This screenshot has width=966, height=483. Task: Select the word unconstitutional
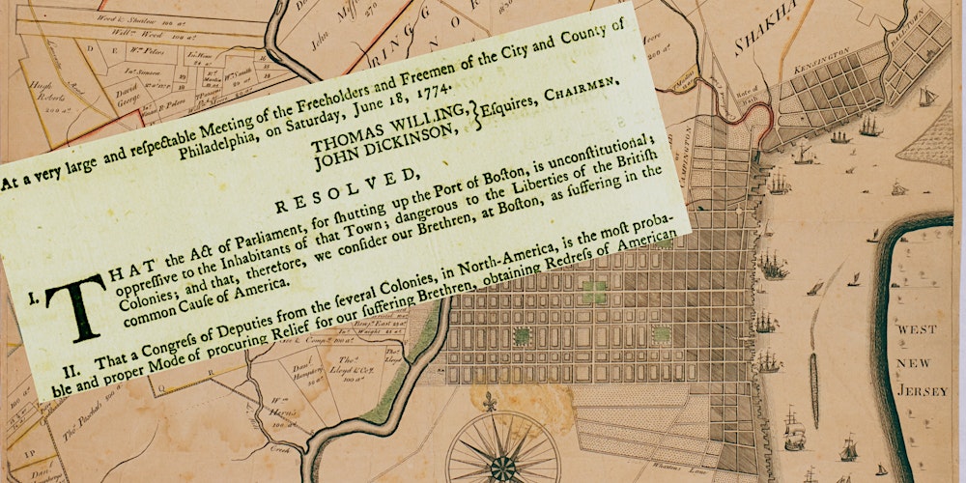tap(572, 163)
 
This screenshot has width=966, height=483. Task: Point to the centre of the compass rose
tap(502, 466)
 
